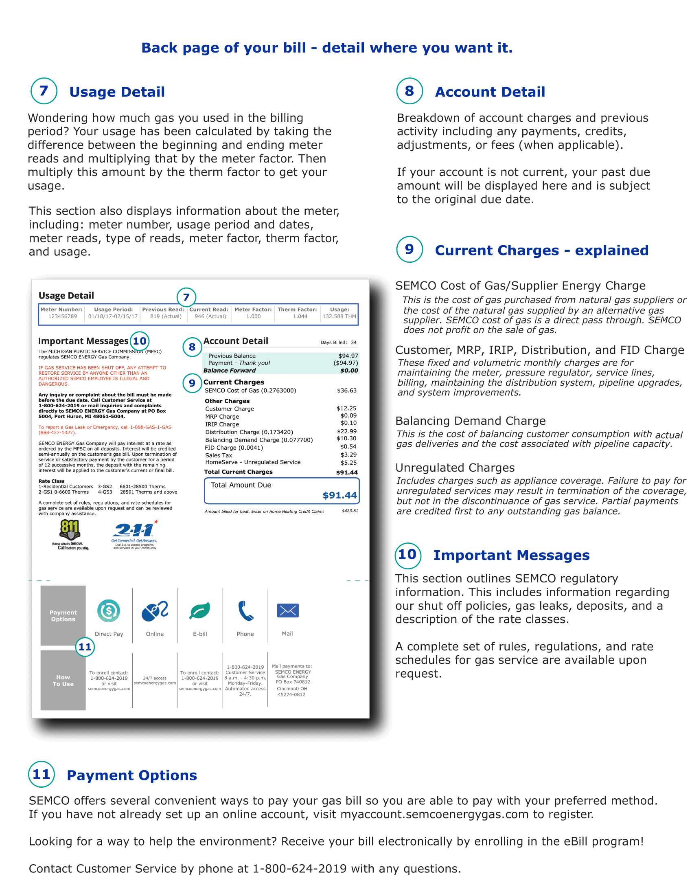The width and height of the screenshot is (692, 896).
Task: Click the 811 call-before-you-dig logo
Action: click(70, 534)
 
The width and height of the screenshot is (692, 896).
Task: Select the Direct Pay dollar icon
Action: click(109, 611)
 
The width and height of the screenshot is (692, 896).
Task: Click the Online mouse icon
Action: click(155, 611)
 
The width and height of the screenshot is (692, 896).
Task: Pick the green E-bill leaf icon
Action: click(200, 611)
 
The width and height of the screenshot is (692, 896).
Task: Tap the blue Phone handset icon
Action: click(245, 611)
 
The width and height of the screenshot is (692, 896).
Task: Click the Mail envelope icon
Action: click(288, 611)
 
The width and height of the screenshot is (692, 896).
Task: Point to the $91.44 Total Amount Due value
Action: click(339, 495)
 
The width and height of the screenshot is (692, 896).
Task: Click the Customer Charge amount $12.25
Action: click(346, 408)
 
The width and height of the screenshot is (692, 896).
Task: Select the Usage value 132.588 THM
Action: click(339, 316)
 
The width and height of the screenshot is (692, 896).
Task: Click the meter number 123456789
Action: click(62, 316)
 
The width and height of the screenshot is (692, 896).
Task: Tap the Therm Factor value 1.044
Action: click(300, 316)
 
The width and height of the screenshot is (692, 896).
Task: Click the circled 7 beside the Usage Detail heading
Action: click(44, 91)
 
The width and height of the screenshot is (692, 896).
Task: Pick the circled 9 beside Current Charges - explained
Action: click(409, 249)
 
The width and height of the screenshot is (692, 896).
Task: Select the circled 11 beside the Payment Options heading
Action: click(42, 774)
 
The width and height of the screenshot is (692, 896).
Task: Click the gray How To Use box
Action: click(63, 680)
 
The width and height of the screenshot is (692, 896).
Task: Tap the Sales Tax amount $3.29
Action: click(348, 455)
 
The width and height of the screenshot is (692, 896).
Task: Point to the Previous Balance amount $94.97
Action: click(348, 356)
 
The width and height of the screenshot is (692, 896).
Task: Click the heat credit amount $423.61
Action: click(350, 511)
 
